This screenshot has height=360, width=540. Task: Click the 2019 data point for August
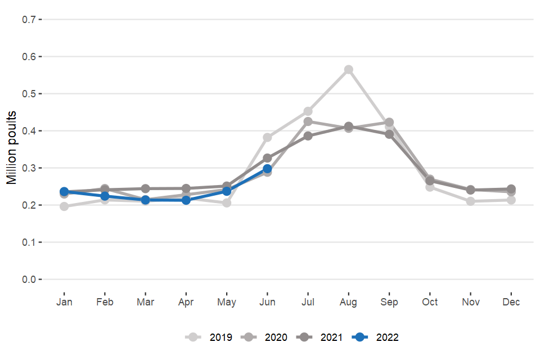tap(349, 69)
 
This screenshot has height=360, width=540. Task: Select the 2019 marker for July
tap(308, 111)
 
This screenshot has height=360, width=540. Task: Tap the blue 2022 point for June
tap(267, 169)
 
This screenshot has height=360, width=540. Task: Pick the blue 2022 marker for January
tap(64, 192)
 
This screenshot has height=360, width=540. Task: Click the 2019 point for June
tap(267, 137)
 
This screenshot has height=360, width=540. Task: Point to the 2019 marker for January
tap(64, 206)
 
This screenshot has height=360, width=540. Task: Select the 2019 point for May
tap(227, 202)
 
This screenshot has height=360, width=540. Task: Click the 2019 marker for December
tap(511, 200)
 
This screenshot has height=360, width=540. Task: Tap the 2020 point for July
tap(308, 121)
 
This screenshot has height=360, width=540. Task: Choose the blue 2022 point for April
tap(186, 200)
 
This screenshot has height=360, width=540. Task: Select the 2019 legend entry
tap(209, 337)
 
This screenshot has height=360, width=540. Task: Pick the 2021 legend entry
tap(320, 337)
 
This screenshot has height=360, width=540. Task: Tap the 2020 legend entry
tap(264, 337)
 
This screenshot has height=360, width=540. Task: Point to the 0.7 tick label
tap(29, 20)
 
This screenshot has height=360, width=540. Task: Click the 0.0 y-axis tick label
tap(29, 280)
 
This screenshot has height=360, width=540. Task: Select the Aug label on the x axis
tap(349, 302)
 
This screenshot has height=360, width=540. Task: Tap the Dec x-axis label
tap(511, 302)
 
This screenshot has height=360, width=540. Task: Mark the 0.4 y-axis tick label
tap(29, 131)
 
